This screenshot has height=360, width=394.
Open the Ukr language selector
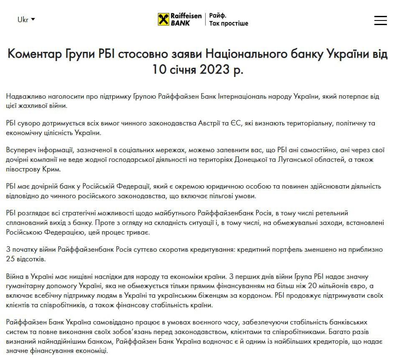pos(26,20)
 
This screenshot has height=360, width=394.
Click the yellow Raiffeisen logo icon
pos(163,19)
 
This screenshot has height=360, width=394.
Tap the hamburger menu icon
pos(380,20)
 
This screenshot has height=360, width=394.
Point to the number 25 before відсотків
pos(11,259)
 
